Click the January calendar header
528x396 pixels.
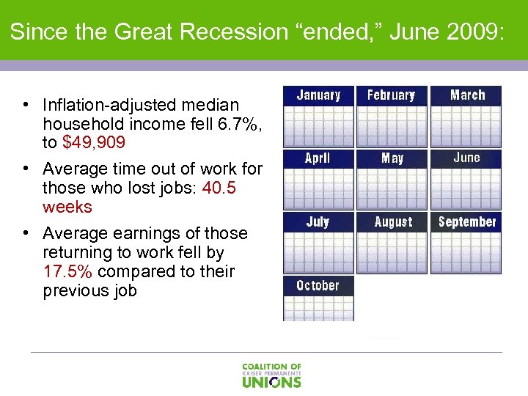click(x=318, y=95)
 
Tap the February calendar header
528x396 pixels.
click(x=392, y=95)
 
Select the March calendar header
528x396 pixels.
click(x=467, y=95)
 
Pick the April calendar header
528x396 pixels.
click(x=318, y=158)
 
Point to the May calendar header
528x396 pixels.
click(x=392, y=158)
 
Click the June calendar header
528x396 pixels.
click(x=466, y=158)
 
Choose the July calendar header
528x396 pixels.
click(x=318, y=221)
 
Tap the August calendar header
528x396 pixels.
click(x=393, y=221)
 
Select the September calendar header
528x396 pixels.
click(x=467, y=221)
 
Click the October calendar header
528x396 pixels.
click(x=318, y=285)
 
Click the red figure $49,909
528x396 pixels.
click(x=93, y=142)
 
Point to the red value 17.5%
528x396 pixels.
click(x=67, y=271)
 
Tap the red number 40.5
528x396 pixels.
click(x=219, y=188)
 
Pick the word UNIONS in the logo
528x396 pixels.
click(x=271, y=381)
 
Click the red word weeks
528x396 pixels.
click(x=67, y=207)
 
